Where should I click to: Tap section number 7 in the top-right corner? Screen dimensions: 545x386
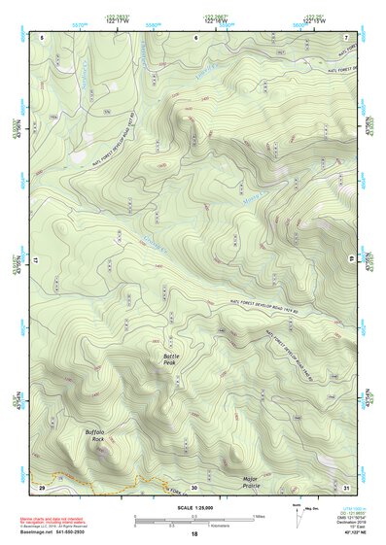[346, 37]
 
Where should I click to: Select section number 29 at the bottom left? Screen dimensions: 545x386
[42, 487]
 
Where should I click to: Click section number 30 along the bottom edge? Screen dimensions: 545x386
[194, 487]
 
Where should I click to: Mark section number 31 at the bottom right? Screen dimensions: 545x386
[346, 487]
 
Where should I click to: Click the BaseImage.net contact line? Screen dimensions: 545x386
[57, 533]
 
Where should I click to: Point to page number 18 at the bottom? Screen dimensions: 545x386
[194, 535]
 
